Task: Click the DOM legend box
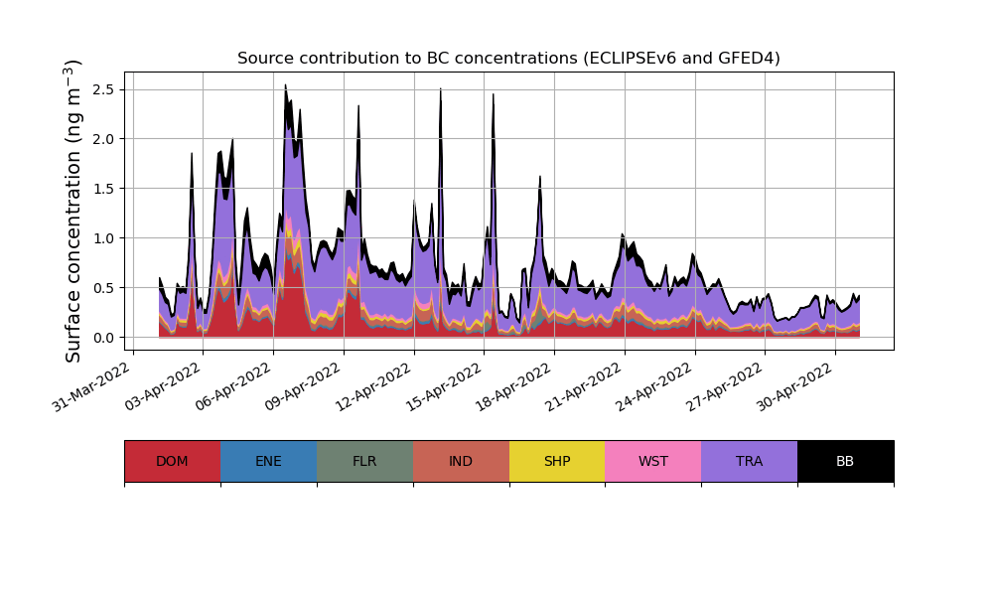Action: (x=172, y=461)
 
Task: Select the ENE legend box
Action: (x=268, y=461)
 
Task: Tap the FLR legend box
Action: (x=364, y=461)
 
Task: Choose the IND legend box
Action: (x=461, y=461)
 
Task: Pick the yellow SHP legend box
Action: (x=557, y=461)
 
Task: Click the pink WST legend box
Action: (x=652, y=461)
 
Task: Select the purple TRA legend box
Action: (x=749, y=461)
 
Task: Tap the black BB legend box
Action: (x=845, y=461)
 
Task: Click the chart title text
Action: (x=508, y=59)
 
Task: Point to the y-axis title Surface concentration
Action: (x=73, y=211)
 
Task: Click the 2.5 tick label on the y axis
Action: (x=102, y=89)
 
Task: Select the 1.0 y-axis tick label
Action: (x=102, y=238)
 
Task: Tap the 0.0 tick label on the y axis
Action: (x=102, y=338)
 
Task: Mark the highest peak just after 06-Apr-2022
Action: (x=285, y=85)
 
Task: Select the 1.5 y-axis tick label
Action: (x=102, y=189)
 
